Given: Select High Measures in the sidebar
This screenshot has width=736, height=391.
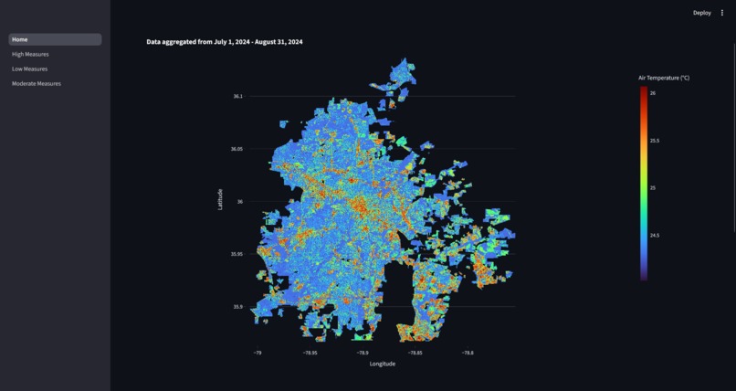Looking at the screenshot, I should [x=30, y=54].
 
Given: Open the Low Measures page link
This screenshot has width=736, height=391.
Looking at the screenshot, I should [x=29, y=69].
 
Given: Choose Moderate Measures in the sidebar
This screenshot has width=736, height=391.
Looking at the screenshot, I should [x=37, y=83].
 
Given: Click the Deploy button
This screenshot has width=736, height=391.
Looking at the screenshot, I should [x=701, y=13].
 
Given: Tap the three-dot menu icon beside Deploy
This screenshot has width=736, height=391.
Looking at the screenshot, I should [x=722, y=13].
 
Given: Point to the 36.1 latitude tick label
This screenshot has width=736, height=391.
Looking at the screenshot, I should [x=237, y=96].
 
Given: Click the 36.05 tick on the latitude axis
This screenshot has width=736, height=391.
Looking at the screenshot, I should [x=237, y=149].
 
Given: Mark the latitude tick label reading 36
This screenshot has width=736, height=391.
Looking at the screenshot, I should [x=240, y=201].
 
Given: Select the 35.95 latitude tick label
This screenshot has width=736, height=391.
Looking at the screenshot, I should [x=237, y=254].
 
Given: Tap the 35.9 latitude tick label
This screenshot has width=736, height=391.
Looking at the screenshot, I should [x=237, y=307].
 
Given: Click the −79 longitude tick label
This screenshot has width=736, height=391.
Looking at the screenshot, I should [x=258, y=353].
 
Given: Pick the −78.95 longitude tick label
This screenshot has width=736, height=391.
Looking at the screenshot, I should [x=310, y=353].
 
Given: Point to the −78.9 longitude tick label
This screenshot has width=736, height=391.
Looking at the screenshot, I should [x=363, y=353].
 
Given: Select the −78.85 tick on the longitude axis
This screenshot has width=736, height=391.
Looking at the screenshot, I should [x=415, y=353].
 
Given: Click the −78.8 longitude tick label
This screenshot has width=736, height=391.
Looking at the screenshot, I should [x=468, y=353].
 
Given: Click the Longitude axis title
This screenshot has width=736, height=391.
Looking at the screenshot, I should [x=383, y=364].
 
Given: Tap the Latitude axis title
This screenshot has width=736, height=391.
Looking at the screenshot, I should [x=220, y=199].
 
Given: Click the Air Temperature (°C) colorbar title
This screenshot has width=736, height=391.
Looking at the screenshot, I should [x=664, y=79].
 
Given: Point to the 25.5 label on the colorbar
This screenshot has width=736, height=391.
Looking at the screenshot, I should [x=655, y=141].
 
